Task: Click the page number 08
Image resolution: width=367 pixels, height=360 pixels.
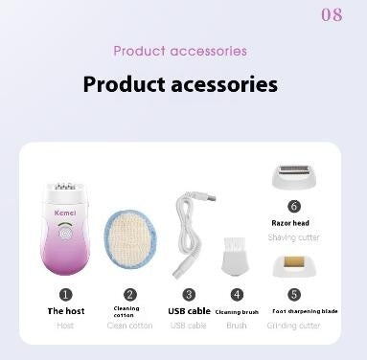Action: pyautogui.click(x=332, y=15)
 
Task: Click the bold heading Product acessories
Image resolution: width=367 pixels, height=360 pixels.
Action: pyautogui.click(x=180, y=84)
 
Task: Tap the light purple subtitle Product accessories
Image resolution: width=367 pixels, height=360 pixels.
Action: pyautogui.click(x=180, y=51)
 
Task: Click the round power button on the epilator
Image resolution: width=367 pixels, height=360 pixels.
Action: pyautogui.click(x=67, y=231)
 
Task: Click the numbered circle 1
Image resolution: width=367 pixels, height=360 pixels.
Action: pyautogui.click(x=66, y=295)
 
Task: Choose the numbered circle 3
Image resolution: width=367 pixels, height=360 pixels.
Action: pyautogui.click(x=189, y=295)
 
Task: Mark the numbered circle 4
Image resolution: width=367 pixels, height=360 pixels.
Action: pyautogui.click(x=237, y=295)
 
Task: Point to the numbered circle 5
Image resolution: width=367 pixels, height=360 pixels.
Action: pyautogui.click(x=294, y=295)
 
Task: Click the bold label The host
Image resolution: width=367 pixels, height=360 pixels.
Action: pyautogui.click(x=66, y=311)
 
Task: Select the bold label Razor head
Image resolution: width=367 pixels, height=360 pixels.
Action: pyautogui.click(x=289, y=223)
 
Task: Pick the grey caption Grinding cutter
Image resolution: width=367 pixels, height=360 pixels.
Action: pyautogui.click(x=295, y=326)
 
